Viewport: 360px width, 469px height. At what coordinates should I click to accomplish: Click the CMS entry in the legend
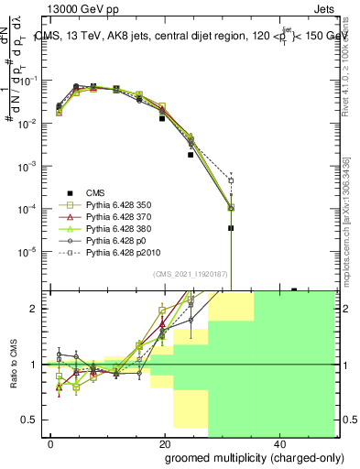point(95,192)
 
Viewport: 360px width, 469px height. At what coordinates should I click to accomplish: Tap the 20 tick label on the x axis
point(165,442)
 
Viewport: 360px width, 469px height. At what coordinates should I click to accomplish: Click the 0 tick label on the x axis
point(51,442)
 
